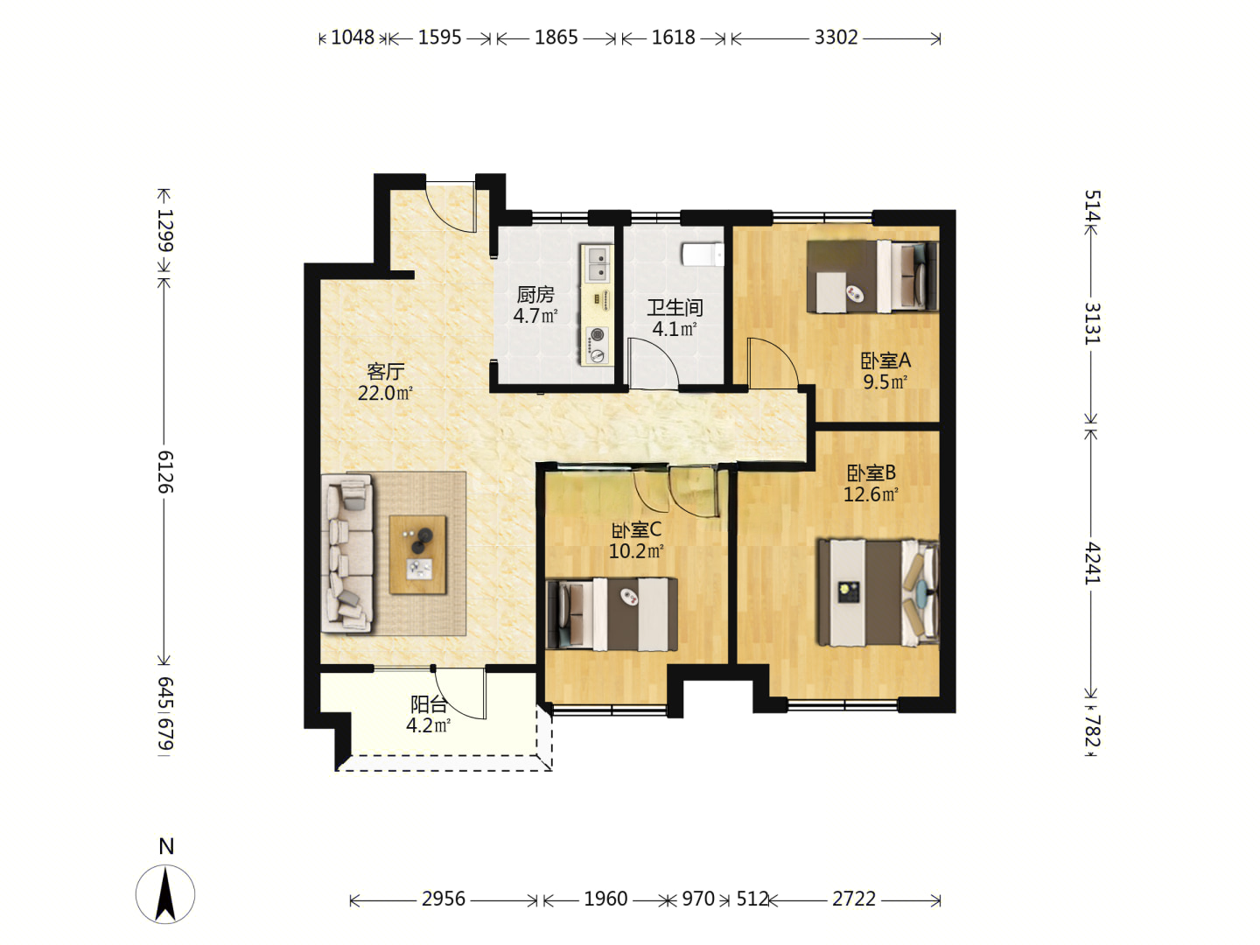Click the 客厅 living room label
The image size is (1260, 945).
[x=385, y=372]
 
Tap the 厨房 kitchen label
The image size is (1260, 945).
[x=535, y=295]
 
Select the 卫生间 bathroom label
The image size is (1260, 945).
[x=675, y=308]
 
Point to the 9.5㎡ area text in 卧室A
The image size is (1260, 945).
[x=885, y=382]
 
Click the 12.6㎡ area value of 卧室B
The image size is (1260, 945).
[x=871, y=494]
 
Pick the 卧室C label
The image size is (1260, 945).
[x=637, y=529]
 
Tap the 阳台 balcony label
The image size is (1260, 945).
[x=428, y=704]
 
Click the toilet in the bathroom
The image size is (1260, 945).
[x=703, y=254]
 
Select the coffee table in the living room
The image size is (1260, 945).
[x=417, y=554]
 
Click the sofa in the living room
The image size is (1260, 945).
[x=346, y=553]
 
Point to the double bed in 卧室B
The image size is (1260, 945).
[x=878, y=592]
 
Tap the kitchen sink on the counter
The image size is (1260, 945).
[x=597, y=264]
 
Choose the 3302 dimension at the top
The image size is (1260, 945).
[x=836, y=38]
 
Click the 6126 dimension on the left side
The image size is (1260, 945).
[x=165, y=472]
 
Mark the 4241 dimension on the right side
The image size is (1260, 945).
[x=1092, y=563]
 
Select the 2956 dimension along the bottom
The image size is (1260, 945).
[x=443, y=899]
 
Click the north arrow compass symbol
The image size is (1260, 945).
[x=165, y=894]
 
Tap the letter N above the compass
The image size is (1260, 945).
[x=166, y=846]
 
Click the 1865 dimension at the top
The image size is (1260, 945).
[x=556, y=38]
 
